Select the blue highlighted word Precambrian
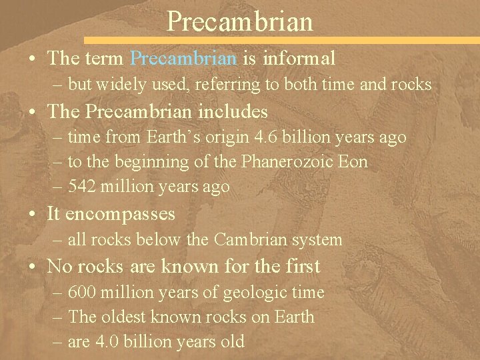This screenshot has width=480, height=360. click(183, 59)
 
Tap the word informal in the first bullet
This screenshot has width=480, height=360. click(299, 59)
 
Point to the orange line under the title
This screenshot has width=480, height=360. click(280, 40)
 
